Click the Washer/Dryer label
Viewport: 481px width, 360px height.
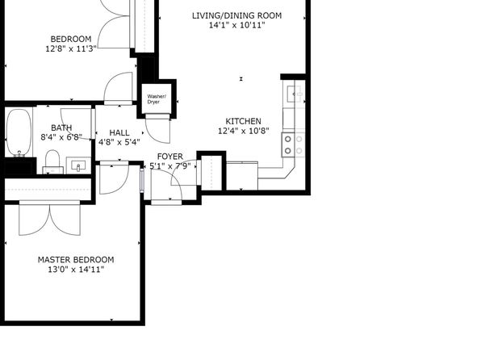coord(157,99)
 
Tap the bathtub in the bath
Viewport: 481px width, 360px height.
coord(19,132)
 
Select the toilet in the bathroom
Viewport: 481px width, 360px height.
coord(52,161)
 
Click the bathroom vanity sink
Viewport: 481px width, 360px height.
coord(78,166)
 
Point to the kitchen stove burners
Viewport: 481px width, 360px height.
coord(293,144)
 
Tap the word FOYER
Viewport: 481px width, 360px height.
coord(170,157)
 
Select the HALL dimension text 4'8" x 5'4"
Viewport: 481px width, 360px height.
coord(119,142)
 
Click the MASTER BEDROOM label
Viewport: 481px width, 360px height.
coord(76,260)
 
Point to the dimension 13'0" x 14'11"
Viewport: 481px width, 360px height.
coord(76,270)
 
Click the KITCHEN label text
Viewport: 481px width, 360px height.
coord(243,121)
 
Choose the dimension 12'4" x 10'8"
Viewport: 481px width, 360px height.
coord(243,131)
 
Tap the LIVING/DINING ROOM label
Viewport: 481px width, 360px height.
coord(236,15)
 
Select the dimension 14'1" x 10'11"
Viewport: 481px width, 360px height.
coord(236,25)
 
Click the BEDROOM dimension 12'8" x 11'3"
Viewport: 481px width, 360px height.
coord(71,48)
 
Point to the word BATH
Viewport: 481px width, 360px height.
coord(61,128)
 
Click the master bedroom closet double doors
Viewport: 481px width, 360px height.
coord(50,220)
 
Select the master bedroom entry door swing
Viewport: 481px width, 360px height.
coord(114,179)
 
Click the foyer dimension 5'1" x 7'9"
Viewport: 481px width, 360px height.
coord(170,166)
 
